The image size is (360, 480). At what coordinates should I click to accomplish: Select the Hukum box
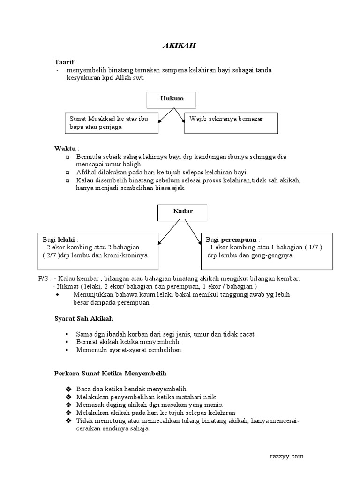pyautogui.click(x=172, y=99)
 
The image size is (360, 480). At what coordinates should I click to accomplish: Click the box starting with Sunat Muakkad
pyautogui.click(x=111, y=122)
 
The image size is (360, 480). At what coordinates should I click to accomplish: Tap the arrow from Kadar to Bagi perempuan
pyautogui.click(x=192, y=232)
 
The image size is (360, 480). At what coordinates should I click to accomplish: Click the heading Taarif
pyautogui.click(x=64, y=62)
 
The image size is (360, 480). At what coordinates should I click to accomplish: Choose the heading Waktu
pyautogui.click(x=65, y=149)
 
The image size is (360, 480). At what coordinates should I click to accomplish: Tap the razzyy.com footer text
pyautogui.click(x=287, y=456)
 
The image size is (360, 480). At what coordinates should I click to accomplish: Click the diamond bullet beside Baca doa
pyautogui.click(x=68, y=389)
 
